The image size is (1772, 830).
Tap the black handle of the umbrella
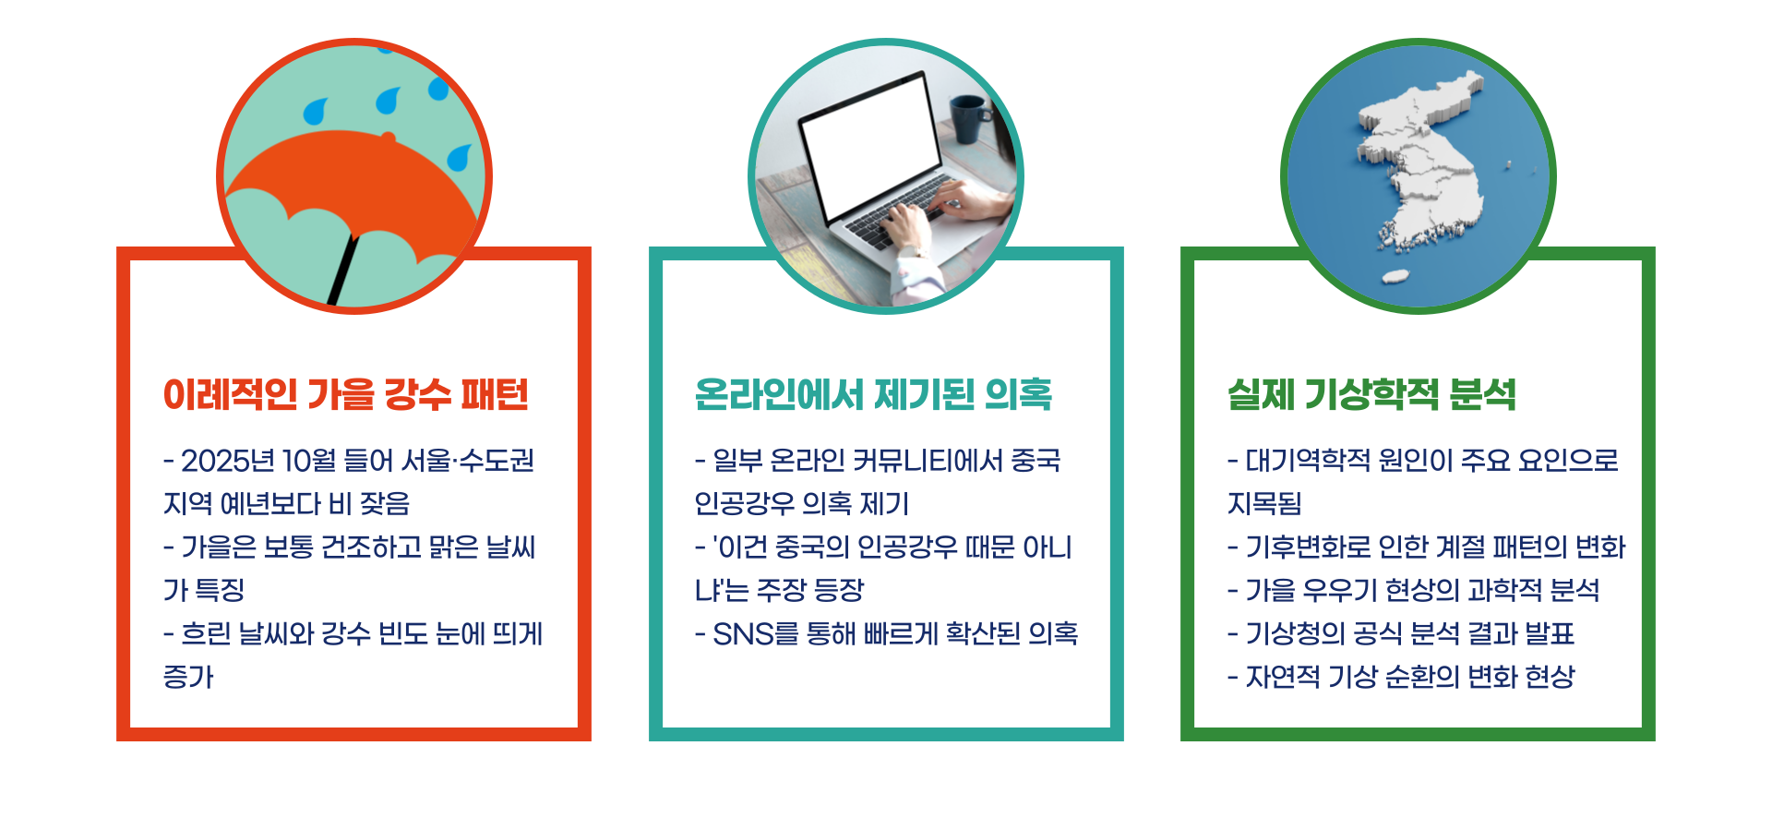[x=341, y=273]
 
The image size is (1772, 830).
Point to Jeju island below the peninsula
[x=1395, y=276]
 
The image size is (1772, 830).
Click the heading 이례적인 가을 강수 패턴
[x=346, y=395]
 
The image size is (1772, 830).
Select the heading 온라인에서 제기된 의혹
[x=873, y=395]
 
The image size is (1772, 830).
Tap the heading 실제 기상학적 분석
[x=1371, y=395]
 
